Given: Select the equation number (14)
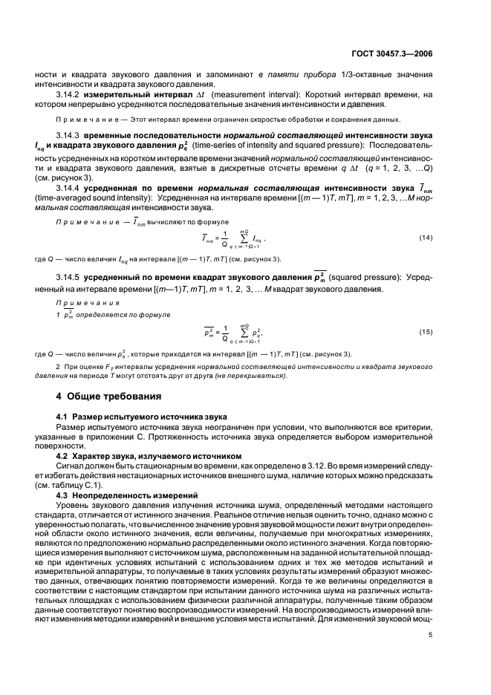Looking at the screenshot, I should click(x=426, y=238).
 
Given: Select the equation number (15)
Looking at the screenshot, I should click(x=426, y=330).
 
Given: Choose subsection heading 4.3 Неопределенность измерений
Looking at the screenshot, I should click(x=123, y=494).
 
